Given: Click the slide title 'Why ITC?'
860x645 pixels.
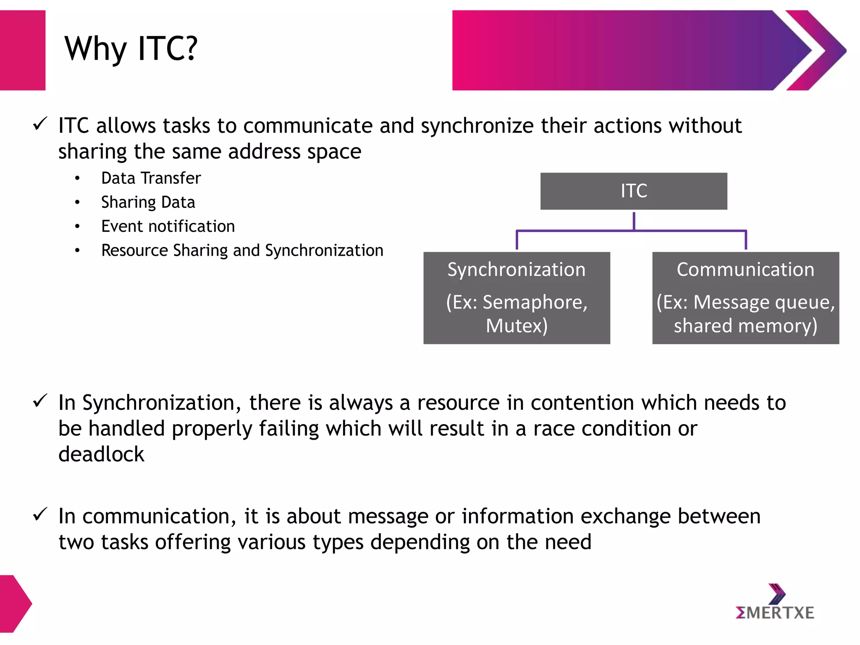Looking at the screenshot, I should [131, 49].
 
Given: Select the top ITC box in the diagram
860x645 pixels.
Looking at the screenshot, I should [633, 191].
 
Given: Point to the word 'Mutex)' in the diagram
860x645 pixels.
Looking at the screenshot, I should [517, 326].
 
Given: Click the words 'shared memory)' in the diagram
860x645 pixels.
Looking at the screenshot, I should [745, 326].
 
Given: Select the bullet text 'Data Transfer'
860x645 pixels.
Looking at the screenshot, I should [151, 178].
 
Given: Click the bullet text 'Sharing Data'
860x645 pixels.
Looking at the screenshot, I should [148, 202].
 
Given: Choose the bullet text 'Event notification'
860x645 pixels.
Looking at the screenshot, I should [168, 226].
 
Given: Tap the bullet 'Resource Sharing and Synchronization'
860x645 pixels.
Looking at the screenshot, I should [242, 251].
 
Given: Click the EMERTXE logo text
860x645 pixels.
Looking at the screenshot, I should [775, 613].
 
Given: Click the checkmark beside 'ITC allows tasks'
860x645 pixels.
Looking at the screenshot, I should [40, 124].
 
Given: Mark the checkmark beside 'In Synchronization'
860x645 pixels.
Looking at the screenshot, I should [40, 401].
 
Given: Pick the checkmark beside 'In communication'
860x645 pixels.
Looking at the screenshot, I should [40, 514].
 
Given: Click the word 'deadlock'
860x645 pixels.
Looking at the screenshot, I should [101, 454].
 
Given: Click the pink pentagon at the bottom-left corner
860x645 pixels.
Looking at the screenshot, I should [13, 603].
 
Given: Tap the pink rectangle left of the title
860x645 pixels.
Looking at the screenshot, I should [22, 50].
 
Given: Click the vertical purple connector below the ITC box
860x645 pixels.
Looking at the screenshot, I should [634, 221].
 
